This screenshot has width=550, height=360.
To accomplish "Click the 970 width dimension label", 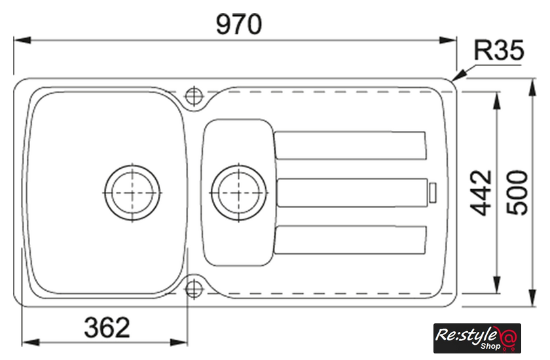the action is coord(239,24).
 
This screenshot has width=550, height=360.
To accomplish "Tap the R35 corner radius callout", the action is coord(499,50).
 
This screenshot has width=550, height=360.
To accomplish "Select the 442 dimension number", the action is coord(481,192).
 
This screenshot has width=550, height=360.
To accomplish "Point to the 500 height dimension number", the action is coord(517,192).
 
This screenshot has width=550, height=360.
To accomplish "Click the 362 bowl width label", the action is coord(107,327).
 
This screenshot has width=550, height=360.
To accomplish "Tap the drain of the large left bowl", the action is coord(132,192).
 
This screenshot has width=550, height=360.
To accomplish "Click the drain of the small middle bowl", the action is coord(239,192).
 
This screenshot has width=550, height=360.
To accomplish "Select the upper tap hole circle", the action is coord(194,96).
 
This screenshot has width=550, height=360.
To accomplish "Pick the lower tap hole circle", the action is coord(194,289).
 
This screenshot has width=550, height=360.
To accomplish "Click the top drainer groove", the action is coord(350,145).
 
